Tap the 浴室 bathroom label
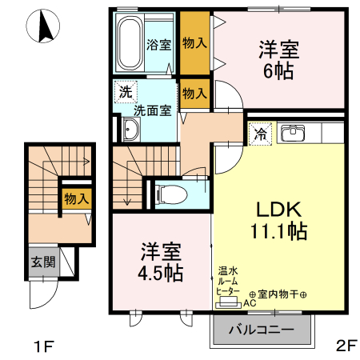(x=158, y=45)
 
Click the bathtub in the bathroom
(x=129, y=43)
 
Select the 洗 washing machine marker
(x=125, y=91)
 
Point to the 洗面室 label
(x=152, y=110)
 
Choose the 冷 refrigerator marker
(x=261, y=134)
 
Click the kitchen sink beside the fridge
(x=296, y=132)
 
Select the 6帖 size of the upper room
(x=278, y=71)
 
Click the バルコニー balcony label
(x=262, y=329)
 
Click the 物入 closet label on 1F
(x=76, y=198)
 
